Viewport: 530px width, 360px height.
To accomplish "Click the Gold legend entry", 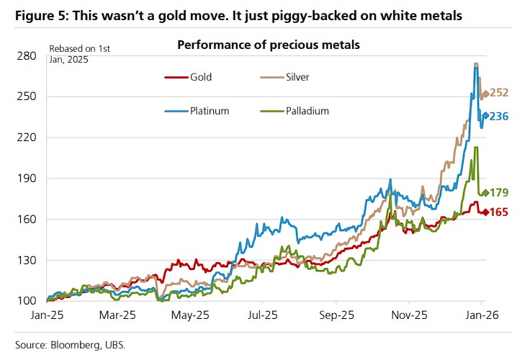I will coord(200,76).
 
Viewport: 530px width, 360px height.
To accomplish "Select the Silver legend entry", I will coord(297,76).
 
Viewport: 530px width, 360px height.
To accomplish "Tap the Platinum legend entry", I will coord(210,111).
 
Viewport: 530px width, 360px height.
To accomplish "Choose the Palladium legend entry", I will coord(307,111).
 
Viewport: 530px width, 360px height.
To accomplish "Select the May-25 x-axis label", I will coord(192,315).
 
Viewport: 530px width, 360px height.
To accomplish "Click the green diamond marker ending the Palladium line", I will coord(486,192).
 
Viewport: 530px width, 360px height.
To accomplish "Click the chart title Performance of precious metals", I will coord(269,45).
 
